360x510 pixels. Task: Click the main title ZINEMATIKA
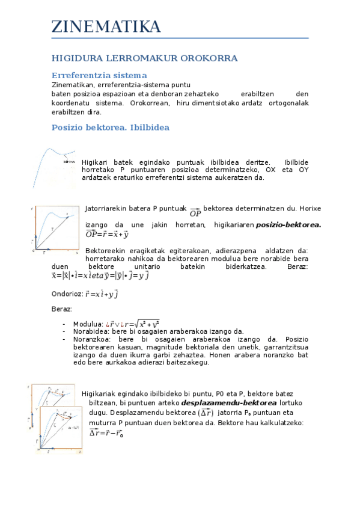click(106, 27)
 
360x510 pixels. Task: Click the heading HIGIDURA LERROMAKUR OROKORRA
click(144, 58)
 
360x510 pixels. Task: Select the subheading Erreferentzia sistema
click(99, 76)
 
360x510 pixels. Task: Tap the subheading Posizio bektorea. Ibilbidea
click(111, 127)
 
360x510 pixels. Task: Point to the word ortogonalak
click(290, 103)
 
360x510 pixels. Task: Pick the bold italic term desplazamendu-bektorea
click(221, 402)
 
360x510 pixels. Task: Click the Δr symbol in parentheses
click(206, 413)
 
